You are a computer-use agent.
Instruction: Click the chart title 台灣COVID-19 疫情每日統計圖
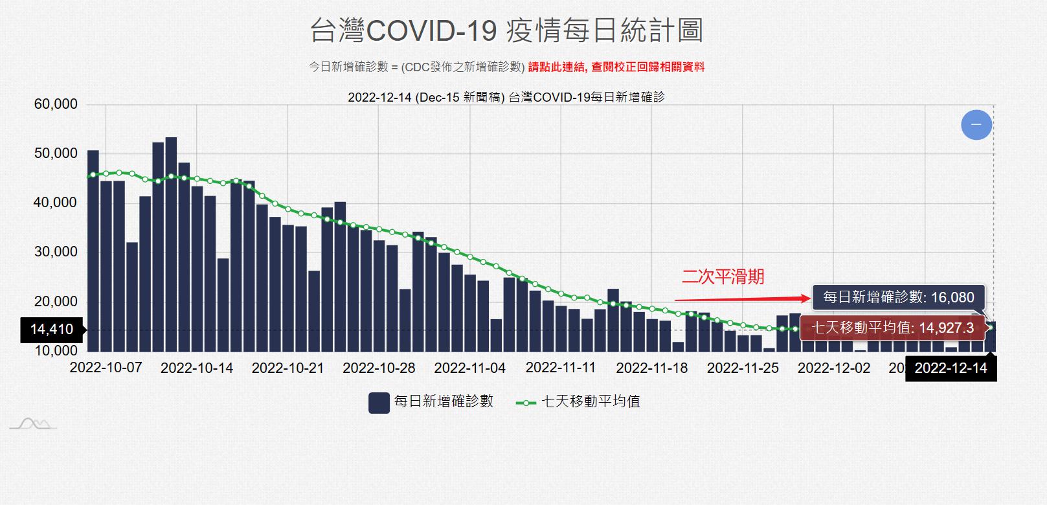[506, 30]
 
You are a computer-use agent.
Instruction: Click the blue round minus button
[976, 124]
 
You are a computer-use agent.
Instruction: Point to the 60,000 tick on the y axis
[56, 104]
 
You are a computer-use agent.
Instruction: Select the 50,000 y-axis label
[56, 153]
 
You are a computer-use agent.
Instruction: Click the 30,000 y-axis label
[56, 252]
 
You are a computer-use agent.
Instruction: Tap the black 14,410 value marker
[51, 330]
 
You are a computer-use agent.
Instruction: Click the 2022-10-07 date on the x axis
[106, 368]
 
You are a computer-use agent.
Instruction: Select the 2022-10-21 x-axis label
[287, 368]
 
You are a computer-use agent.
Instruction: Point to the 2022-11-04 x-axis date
[469, 368]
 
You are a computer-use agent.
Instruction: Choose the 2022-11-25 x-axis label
[743, 368]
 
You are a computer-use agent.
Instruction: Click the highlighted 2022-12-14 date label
[951, 368]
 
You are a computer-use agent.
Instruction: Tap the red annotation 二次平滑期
[723, 277]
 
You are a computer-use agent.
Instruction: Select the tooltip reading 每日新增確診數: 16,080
[898, 297]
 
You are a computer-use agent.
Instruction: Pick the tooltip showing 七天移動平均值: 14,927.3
[893, 328]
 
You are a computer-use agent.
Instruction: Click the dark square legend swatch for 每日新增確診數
[379, 402]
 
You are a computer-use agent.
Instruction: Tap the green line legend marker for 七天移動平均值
[525, 402]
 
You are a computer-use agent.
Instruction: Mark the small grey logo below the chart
[33, 424]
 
